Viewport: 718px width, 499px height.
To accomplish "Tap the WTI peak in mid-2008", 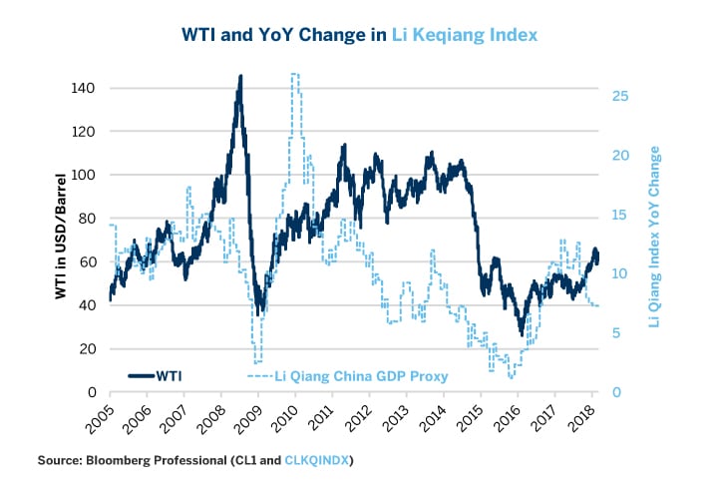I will (x=240, y=77).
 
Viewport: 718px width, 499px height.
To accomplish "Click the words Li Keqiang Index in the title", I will (x=466, y=34).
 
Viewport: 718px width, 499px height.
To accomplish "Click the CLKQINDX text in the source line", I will (x=314, y=460).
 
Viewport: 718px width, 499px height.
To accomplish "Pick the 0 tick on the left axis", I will (x=90, y=392).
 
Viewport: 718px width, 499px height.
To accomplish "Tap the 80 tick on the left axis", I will (x=85, y=219).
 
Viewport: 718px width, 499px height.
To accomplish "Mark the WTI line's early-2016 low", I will (x=521, y=332).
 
